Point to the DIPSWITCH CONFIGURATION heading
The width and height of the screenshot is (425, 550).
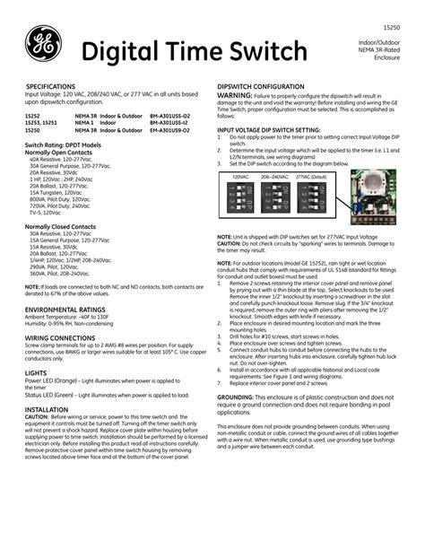tap(265, 86)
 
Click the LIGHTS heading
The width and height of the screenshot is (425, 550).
tap(36, 371)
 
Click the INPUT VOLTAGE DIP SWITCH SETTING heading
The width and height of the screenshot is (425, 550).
tap(268, 129)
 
